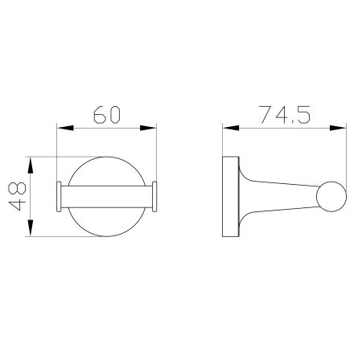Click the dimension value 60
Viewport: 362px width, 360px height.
coord(106,113)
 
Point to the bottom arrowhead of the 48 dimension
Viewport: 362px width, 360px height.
coord(30,228)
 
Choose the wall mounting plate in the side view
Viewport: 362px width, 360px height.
coord(230,195)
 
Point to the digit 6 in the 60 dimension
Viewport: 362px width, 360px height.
coord(97,113)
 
